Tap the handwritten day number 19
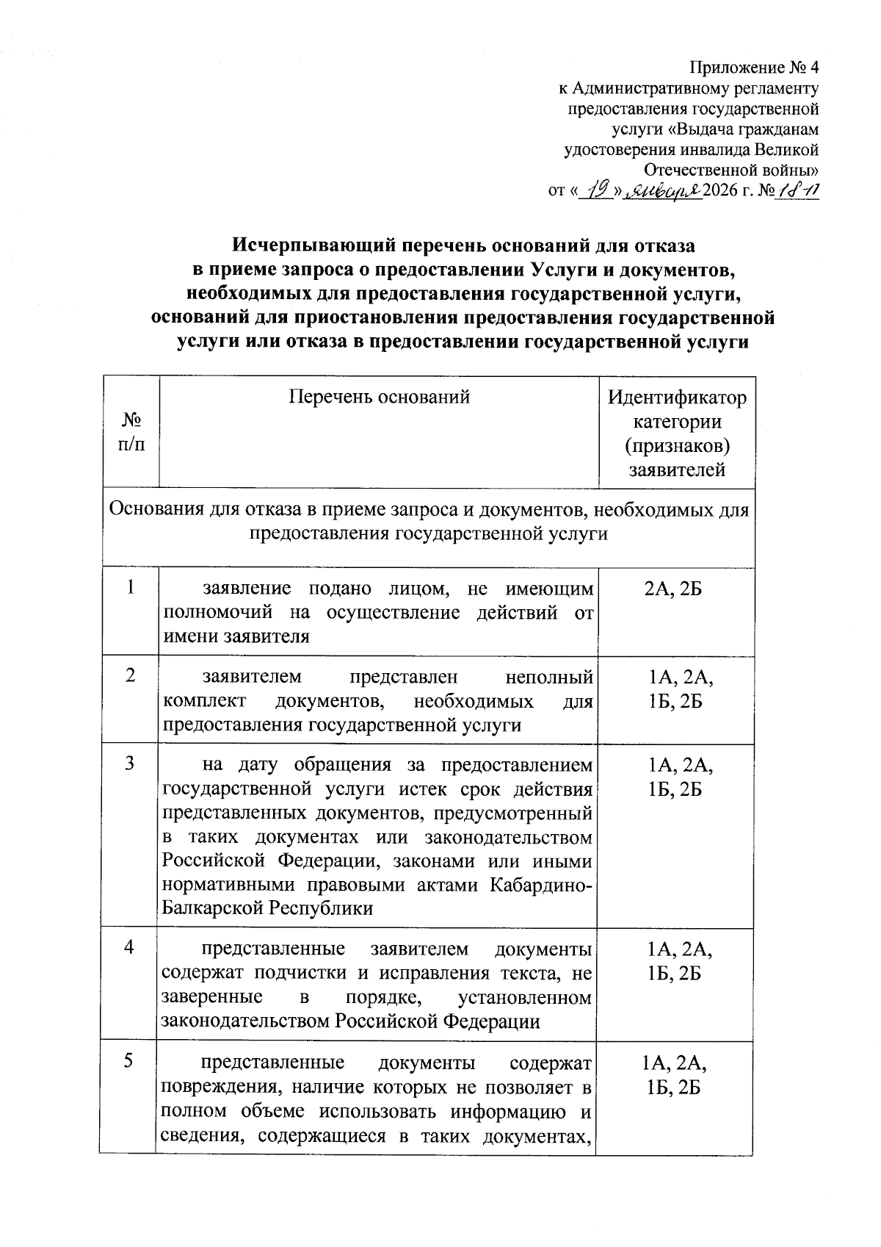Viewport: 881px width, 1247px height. [599, 191]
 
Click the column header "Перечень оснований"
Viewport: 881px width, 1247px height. [379, 398]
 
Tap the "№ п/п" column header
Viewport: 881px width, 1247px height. [131, 432]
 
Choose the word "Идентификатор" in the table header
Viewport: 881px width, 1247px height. [677, 398]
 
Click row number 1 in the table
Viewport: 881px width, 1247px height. [131, 588]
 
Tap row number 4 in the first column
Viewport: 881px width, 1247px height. [130, 948]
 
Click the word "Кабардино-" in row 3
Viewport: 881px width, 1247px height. [540, 885]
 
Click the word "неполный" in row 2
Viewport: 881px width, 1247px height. [549, 677]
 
